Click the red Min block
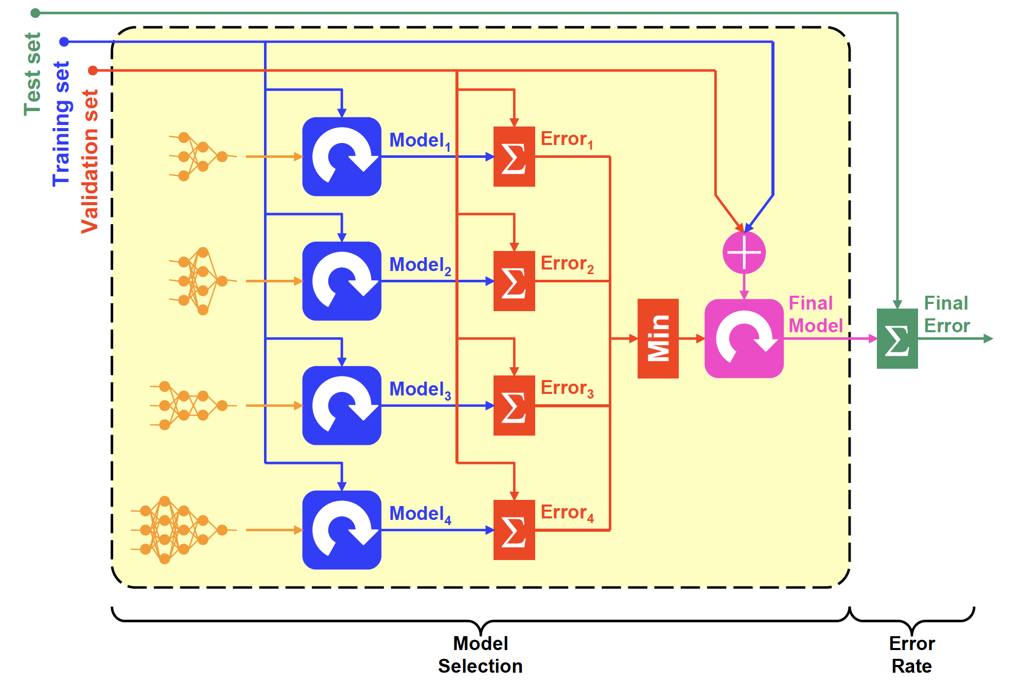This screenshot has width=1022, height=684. pos(658,338)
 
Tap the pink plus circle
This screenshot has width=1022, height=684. pos(744,253)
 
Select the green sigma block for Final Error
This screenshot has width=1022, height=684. pos(897,338)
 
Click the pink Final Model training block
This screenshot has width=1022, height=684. pos(744,338)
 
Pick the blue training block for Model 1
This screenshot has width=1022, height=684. pos(342,156)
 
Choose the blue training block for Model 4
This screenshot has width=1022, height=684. pos(342,530)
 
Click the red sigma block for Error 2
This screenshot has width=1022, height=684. pos(514,281)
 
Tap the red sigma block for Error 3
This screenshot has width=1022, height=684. pos(514,405)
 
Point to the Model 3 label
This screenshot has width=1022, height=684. pos(420,390)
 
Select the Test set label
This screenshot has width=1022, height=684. pos(32,74)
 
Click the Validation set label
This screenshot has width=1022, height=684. pos(90,161)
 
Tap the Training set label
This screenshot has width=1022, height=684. pos(61,123)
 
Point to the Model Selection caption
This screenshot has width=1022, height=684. pos(480,654)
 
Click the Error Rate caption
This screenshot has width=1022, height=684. pos(911,654)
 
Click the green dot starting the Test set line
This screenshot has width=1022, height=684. pos(36,13)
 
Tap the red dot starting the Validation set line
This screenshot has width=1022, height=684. pos(93,70)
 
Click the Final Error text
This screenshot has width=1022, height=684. pos(946,314)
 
